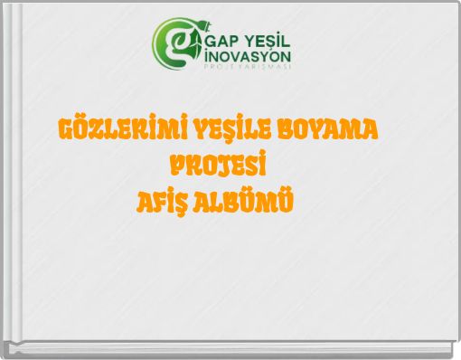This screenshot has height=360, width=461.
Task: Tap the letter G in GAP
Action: (x=212, y=43)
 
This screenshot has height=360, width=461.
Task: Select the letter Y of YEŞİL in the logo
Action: (x=256, y=43)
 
